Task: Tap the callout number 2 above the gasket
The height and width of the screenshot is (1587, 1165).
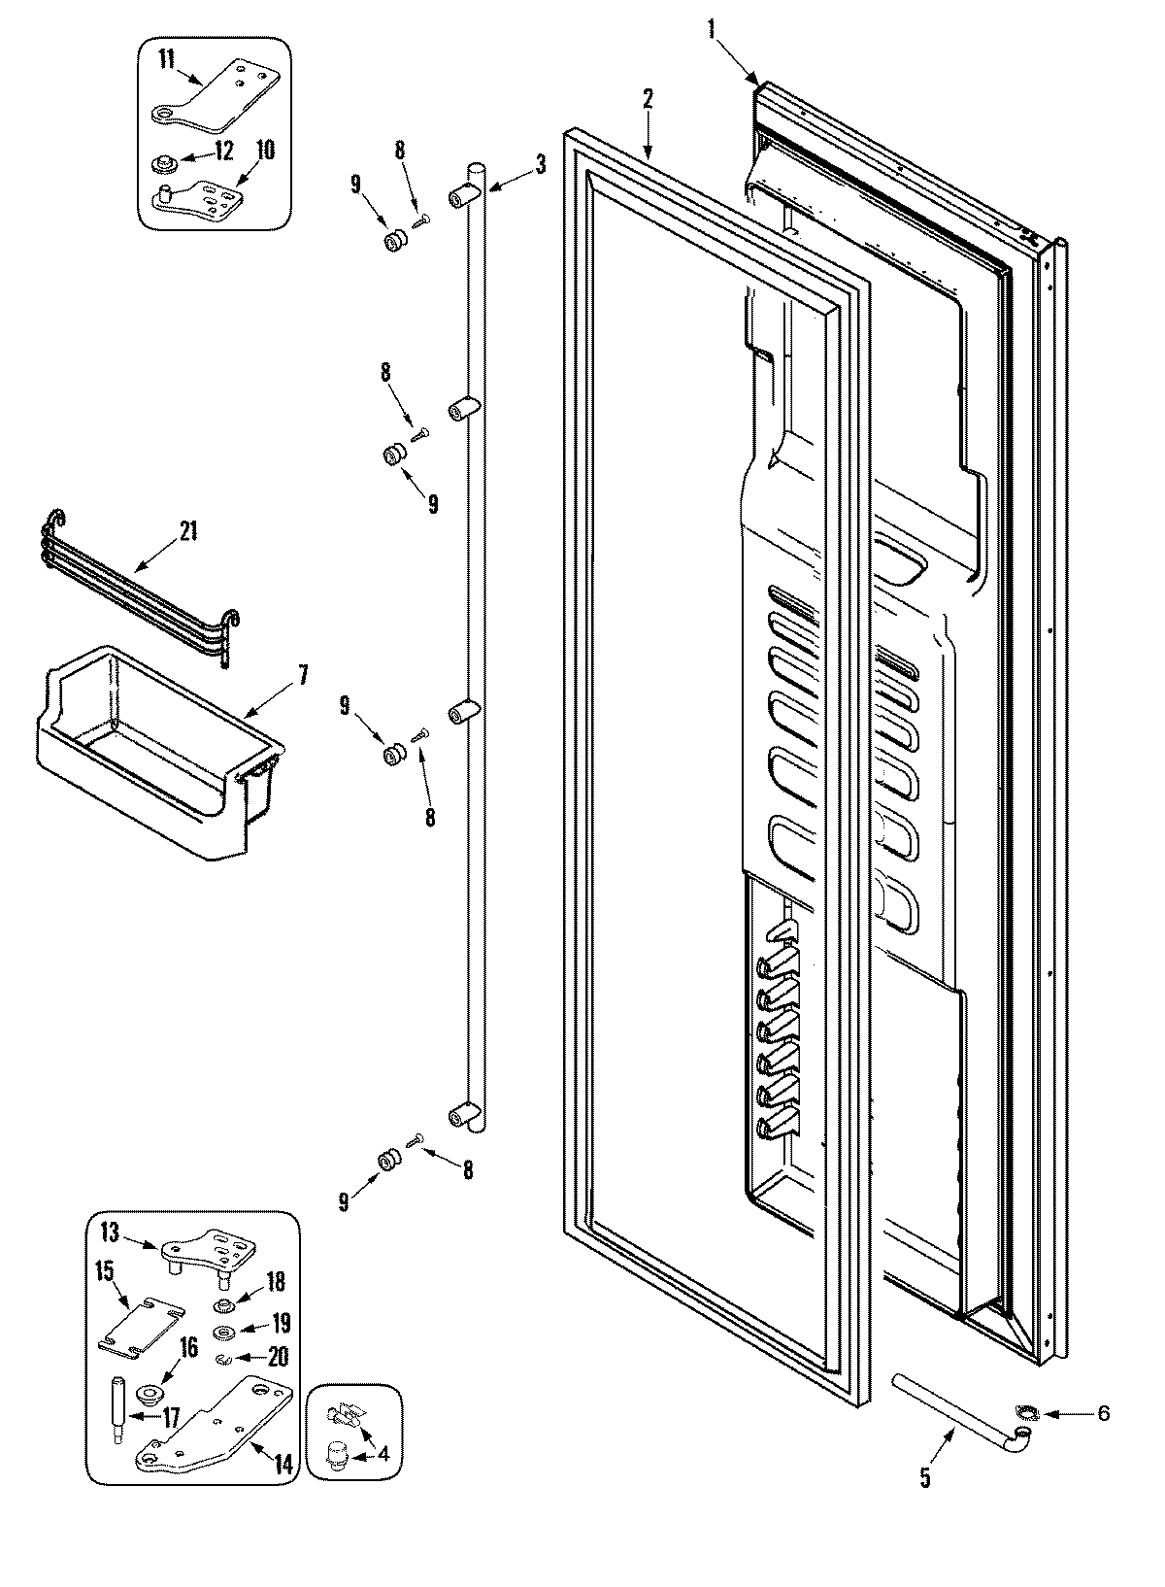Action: [x=648, y=98]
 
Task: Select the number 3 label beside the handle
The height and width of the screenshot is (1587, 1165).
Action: [x=540, y=164]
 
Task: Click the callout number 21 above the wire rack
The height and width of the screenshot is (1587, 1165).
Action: [x=187, y=531]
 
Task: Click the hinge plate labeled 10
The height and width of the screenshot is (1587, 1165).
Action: [x=204, y=194]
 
